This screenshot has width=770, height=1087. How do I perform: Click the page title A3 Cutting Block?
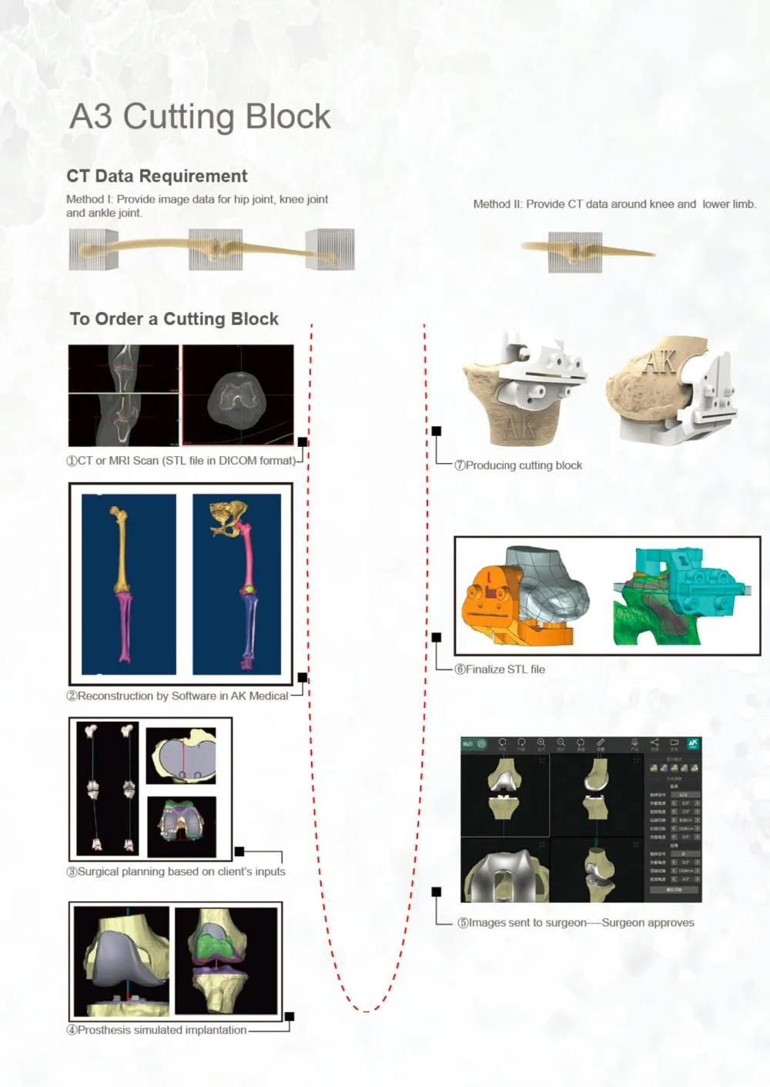pyautogui.click(x=199, y=117)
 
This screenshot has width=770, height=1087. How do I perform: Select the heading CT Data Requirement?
pyautogui.click(x=156, y=176)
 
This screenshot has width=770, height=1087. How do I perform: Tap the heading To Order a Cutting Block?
pyautogui.click(x=174, y=319)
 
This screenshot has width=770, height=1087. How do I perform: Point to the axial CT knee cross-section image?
pyautogui.click(x=238, y=395)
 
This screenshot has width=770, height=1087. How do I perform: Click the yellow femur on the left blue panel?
pyautogui.click(x=121, y=548)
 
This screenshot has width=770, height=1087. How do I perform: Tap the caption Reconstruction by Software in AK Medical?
pyautogui.click(x=177, y=696)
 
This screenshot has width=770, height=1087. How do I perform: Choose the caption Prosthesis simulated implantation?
pyautogui.click(x=156, y=1030)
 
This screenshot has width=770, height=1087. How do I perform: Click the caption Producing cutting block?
pyautogui.click(x=517, y=465)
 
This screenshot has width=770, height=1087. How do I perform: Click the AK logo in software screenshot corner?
pyautogui.click(x=693, y=744)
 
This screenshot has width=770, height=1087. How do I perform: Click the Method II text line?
pyautogui.click(x=614, y=204)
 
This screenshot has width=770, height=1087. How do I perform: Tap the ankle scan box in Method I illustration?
pyautogui.click(x=330, y=249)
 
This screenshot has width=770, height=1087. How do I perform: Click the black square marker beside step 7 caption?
pyautogui.click(x=437, y=431)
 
